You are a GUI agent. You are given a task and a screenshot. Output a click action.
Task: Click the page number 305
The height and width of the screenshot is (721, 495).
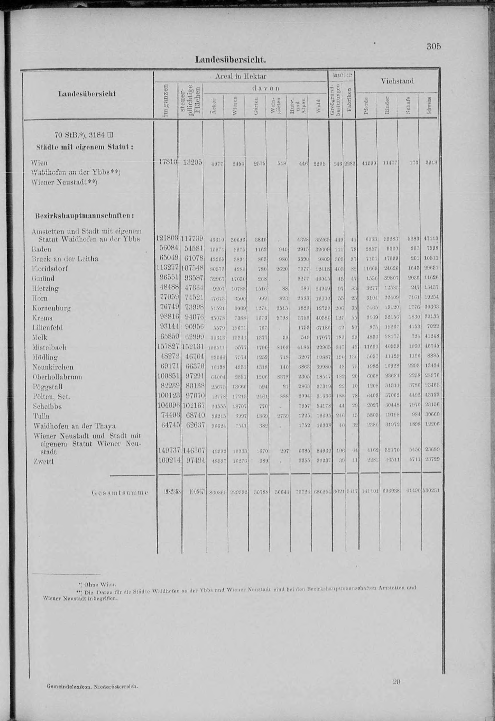tap(433, 47)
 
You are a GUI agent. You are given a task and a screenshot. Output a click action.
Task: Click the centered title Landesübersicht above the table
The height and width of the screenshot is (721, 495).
tap(230, 59)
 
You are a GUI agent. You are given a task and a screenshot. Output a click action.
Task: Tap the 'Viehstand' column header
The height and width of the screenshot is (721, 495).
tap(397, 81)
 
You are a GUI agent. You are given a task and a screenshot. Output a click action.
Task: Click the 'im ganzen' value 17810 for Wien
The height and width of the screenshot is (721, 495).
tap(168, 162)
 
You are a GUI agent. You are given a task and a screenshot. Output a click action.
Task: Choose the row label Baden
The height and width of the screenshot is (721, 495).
tap(41, 249)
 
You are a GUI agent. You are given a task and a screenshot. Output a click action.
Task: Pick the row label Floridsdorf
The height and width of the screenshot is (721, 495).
tap(50, 268)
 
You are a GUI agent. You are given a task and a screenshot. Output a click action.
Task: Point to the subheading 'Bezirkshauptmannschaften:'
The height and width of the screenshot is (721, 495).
tap(84, 215)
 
